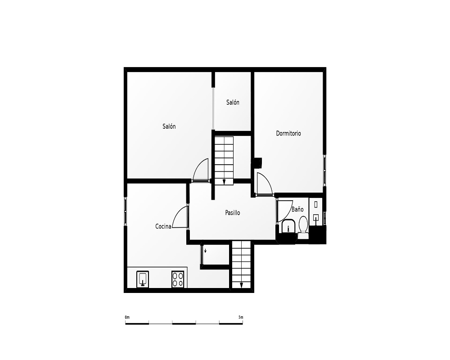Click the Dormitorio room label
point(288,134)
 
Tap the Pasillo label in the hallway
point(233,213)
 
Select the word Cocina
point(163,226)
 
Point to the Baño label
point(297,209)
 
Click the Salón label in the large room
point(169,126)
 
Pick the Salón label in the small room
point(233,103)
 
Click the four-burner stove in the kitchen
point(178,279)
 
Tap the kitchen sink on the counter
point(143,279)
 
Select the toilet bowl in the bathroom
point(303,225)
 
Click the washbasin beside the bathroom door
point(288,227)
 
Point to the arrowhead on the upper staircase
point(224,182)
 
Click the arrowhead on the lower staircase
point(242,285)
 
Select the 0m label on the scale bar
point(127,317)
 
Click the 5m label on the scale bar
point(241,317)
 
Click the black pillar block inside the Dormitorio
point(256,163)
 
